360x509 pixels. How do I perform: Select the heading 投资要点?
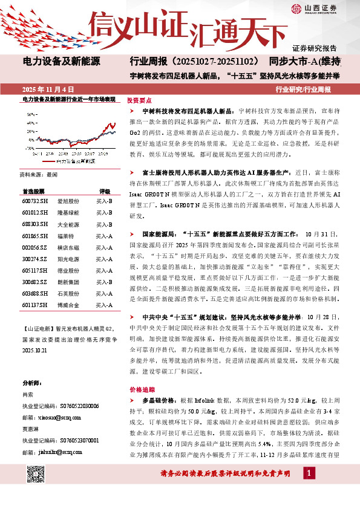click(139, 102)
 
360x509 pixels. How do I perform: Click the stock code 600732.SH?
click(35, 201)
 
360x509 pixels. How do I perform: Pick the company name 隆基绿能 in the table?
click(68, 213)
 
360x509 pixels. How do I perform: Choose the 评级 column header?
click(105, 190)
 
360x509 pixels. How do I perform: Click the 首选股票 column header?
click(34, 190)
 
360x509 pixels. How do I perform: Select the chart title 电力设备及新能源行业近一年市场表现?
click(68, 98)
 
